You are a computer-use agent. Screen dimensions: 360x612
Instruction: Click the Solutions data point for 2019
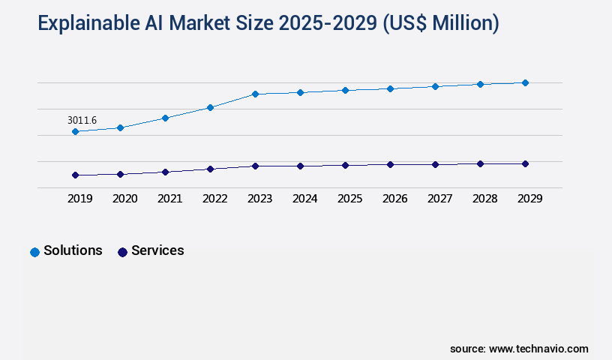click(75, 131)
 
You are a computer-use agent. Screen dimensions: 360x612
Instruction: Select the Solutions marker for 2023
click(255, 94)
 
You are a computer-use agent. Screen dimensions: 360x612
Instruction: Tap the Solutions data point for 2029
click(525, 82)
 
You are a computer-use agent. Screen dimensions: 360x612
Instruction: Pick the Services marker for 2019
click(75, 175)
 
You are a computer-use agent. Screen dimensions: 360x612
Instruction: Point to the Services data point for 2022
click(210, 169)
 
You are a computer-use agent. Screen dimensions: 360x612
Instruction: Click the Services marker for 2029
click(525, 163)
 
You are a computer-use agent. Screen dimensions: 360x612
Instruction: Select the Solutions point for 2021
click(165, 118)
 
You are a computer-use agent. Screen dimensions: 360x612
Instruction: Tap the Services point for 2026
click(390, 164)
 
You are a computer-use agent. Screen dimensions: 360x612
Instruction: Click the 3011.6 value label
click(82, 120)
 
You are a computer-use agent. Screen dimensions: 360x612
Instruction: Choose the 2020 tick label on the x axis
click(124, 199)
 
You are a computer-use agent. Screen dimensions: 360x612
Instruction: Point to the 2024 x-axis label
click(304, 199)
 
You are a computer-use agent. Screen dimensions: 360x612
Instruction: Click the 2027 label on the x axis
click(439, 199)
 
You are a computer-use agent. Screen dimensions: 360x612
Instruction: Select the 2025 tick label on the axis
click(349, 199)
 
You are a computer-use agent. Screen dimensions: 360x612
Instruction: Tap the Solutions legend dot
click(34, 252)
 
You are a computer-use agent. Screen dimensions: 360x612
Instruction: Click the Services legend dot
click(122, 252)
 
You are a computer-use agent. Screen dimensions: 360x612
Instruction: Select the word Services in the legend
click(157, 250)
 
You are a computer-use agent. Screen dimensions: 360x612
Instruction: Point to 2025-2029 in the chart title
click(327, 24)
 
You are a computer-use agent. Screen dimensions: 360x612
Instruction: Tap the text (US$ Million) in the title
click(441, 24)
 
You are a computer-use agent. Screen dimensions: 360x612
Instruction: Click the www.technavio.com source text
click(538, 349)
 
